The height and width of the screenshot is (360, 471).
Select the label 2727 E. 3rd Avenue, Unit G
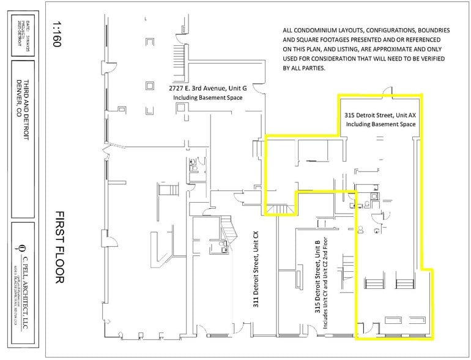coord(207,88)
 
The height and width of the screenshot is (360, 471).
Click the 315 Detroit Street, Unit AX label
coord(380,115)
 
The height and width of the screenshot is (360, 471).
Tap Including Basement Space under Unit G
coord(207,97)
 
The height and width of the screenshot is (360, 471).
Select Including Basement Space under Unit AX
coord(380,124)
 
